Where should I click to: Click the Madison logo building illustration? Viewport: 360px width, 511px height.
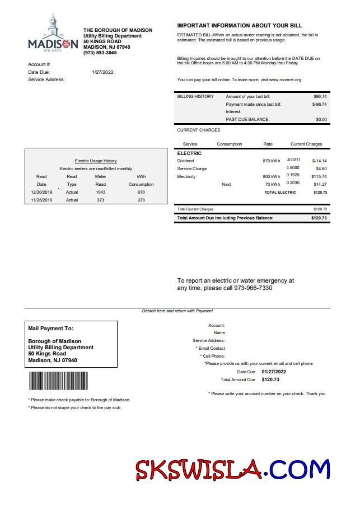click(53, 26)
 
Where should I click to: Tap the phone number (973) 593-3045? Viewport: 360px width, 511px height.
click(100, 53)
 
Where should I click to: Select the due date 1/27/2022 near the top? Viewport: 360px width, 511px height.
click(102, 72)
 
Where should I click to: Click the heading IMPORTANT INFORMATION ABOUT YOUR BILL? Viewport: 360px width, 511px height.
click(240, 26)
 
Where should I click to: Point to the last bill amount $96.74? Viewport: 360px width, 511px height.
click(320, 96)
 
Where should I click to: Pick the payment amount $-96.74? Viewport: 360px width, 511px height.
click(319, 104)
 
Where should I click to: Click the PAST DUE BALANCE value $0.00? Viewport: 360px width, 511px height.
click(321, 119)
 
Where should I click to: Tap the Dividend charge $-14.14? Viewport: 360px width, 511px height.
click(319, 161)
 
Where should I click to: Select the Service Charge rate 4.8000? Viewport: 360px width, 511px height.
click(293, 168)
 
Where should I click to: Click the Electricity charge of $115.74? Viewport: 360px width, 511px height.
click(319, 176)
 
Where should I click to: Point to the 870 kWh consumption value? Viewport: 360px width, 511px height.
click(272, 161)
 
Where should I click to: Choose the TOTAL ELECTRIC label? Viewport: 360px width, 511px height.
click(280, 193)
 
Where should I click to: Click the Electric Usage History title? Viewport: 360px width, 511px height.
click(96, 161)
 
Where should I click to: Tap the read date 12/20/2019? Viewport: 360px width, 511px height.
click(41, 192)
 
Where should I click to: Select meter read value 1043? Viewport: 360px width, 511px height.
click(100, 192)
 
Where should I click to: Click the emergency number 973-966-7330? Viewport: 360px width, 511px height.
click(250, 288)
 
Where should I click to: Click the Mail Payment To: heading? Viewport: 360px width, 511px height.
click(50, 329)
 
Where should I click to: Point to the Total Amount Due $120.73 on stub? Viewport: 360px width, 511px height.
click(270, 379)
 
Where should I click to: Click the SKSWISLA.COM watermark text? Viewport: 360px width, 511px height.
click(232, 469)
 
